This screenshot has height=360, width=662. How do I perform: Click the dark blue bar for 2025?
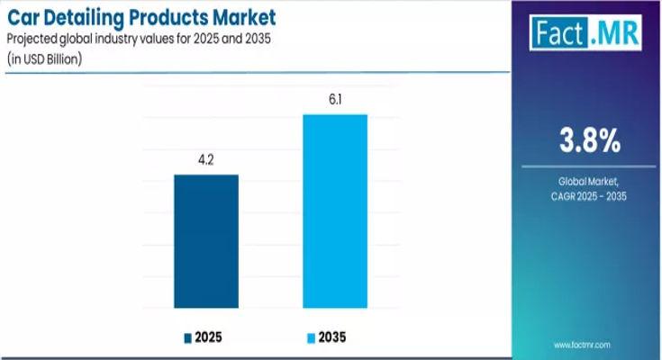click(205, 240)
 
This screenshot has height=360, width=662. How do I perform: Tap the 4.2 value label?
click(205, 162)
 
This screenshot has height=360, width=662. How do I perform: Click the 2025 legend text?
click(208, 337)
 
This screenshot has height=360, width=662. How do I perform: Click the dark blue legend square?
click(188, 337)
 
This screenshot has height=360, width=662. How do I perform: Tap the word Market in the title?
click(243, 17)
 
